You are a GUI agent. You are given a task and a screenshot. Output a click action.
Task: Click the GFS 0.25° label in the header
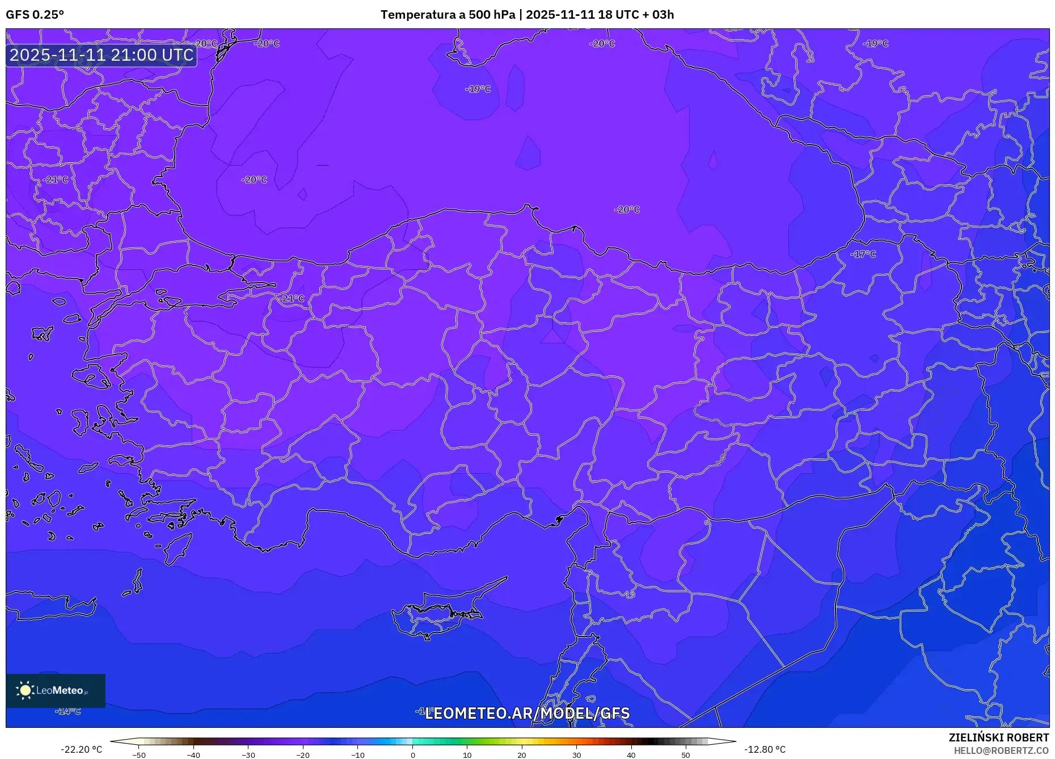tap(35, 15)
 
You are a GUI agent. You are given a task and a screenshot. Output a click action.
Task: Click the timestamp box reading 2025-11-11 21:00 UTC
tap(102, 55)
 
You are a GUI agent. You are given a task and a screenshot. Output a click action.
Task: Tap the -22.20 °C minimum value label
tap(81, 749)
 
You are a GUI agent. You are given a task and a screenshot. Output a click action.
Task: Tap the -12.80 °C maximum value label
tap(765, 749)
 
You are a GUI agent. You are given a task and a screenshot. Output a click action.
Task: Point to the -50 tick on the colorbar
tap(139, 755)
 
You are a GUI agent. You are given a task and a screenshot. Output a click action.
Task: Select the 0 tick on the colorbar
tap(413, 755)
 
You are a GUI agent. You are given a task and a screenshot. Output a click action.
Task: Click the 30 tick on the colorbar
tap(576, 755)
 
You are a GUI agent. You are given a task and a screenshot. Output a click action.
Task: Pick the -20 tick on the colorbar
tap(303, 755)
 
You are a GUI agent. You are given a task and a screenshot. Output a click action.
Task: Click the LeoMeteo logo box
tap(56, 690)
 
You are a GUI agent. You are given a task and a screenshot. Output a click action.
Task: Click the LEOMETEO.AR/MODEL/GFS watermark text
tap(527, 713)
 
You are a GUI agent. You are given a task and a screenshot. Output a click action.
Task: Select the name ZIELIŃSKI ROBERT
tap(998, 737)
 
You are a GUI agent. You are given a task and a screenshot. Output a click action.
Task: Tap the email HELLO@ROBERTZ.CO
tap(1001, 750)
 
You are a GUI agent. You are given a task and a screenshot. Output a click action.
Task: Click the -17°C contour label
tap(863, 254)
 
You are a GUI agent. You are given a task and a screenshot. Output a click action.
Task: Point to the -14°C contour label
tap(68, 711)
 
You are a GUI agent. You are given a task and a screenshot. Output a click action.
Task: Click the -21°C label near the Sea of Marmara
tap(292, 298)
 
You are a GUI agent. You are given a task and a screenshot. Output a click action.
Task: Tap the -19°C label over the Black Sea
tap(478, 89)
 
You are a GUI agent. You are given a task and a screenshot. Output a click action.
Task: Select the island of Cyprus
tap(437, 615)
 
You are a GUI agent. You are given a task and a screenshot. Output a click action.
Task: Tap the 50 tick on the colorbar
tap(686, 755)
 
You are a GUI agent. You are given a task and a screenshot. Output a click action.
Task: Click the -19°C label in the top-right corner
tap(875, 44)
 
